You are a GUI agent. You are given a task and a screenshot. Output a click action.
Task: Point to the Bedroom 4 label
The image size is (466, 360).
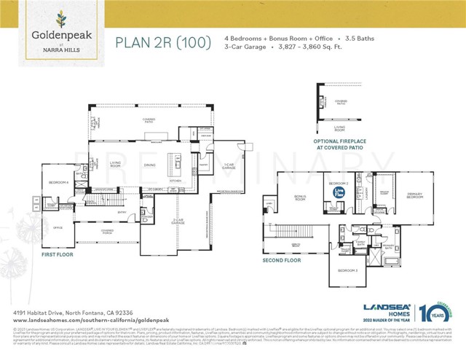[x=59, y=181]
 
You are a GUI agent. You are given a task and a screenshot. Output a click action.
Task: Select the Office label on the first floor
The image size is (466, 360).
[x=58, y=228]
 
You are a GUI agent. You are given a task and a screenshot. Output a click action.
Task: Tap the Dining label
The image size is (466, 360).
[x=149, y=165]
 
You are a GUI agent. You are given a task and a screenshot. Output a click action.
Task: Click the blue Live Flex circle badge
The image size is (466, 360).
[x=339, y=192]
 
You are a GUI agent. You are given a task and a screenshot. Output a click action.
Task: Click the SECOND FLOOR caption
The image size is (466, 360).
[x=282, y=259]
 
